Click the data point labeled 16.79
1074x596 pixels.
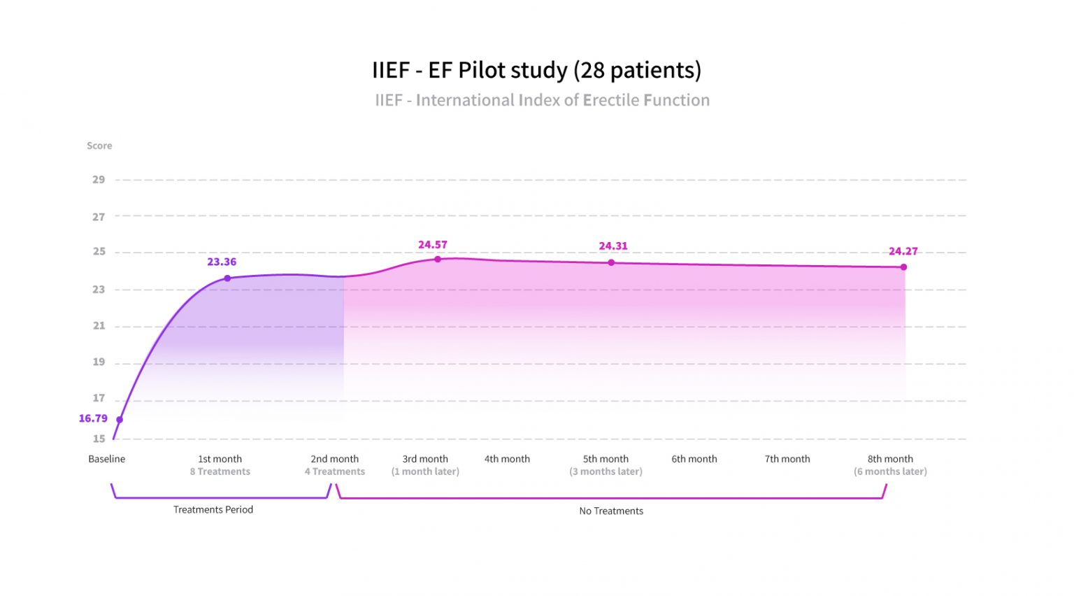[120, 420]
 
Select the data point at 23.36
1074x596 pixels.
[227, 278]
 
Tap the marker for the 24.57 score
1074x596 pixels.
[438, 259]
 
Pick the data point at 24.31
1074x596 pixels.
[611, 263]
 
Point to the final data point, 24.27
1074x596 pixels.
[903, 267]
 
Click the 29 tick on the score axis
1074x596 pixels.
[99, 180]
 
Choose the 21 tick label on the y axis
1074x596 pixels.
[99, 326]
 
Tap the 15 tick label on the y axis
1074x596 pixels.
[99, 439]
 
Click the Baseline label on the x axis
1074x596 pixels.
[107, 459]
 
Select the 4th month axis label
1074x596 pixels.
[507, 459]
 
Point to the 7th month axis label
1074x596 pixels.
[787, 459]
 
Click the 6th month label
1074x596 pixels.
[694, 459]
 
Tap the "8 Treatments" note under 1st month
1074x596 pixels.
[220, 471]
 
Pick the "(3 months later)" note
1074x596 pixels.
[606, 471]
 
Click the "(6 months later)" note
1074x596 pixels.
[890, 471]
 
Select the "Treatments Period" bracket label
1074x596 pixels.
[213, 509]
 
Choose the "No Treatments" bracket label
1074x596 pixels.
[611, 511]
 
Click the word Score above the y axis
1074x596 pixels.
[99, 146]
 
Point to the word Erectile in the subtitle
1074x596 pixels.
[611, 100]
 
